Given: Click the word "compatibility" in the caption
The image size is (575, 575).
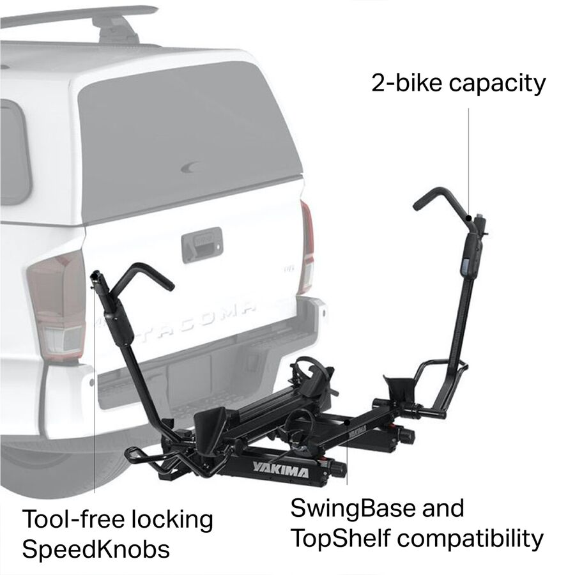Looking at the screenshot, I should (473, 539).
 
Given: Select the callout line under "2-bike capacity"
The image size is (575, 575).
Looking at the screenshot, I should (468, 160).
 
